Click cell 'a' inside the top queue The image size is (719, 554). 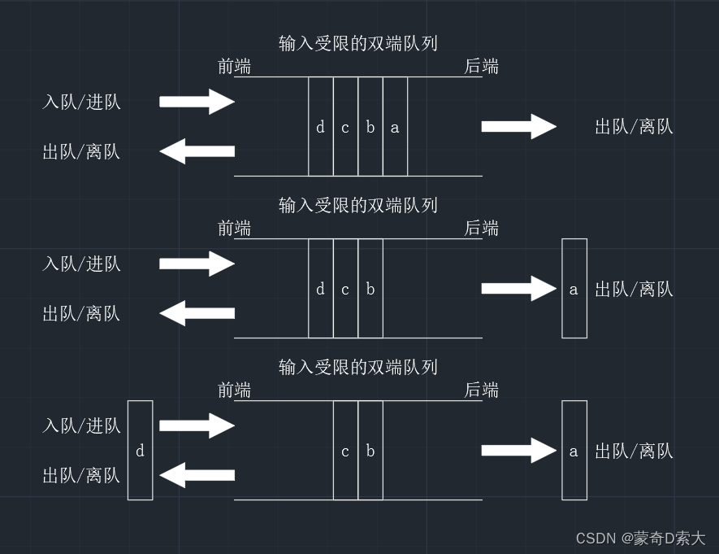point(395,127)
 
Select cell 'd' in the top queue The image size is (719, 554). point(320,127)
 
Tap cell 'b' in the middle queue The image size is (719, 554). point(370,289)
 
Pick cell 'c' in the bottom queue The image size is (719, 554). point(345,451)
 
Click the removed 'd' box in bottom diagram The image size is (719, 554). point(140,451)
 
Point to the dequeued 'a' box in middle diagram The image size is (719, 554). point(574,289)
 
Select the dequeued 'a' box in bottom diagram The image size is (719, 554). point(574,451)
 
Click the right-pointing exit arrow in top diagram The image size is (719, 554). point(518,127)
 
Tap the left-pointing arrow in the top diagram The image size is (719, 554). point(197,151)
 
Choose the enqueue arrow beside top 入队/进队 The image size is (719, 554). point(197,102)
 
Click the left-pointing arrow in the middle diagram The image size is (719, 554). point(197,313)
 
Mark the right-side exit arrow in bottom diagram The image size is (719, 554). point(518,451)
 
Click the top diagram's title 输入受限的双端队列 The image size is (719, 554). point(357,43)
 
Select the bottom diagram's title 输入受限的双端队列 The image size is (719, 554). point(357,367)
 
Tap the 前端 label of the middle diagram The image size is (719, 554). point(234,229)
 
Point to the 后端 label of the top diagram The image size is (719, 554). point(481,67)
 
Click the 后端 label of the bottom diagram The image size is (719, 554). point(481,390)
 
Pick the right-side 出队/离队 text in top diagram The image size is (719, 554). point(634,127)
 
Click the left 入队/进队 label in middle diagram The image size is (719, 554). point(81,264)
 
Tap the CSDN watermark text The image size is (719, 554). point(640,539)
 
